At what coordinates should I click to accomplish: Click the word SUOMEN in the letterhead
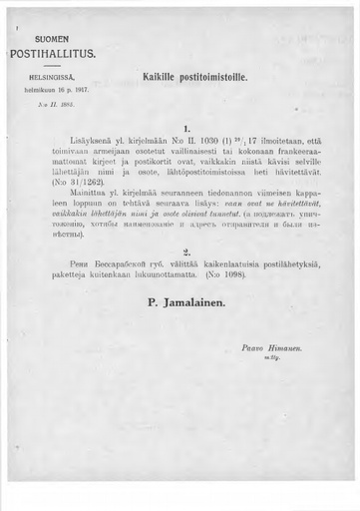pyautogui.click(x=52, y=38)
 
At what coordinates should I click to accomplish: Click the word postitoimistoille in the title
pyautogui.click(x=215, y=77)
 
